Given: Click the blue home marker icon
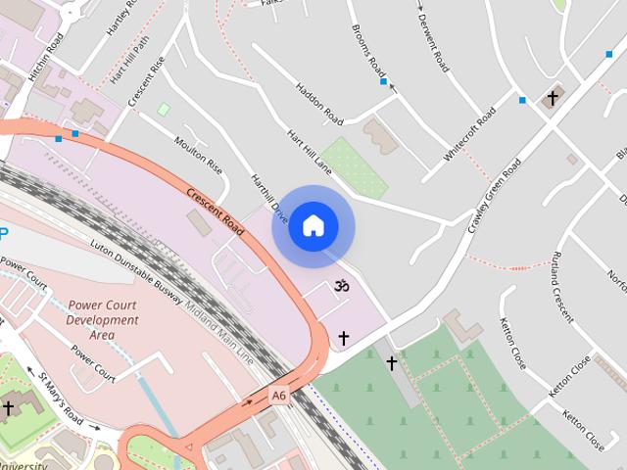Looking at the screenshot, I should pos(313,226).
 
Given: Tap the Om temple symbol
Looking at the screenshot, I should pos(342,287).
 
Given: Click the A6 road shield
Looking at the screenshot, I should pos(279,395).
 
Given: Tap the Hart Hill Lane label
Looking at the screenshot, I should pos(310,152).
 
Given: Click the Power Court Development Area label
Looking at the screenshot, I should pos(103,320).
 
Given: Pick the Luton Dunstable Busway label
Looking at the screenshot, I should pos(137,278).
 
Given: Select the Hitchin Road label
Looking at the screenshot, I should pos(46,57).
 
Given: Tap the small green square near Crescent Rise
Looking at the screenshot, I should pos(163,109).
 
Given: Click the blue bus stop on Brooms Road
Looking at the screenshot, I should pos(383,81).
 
